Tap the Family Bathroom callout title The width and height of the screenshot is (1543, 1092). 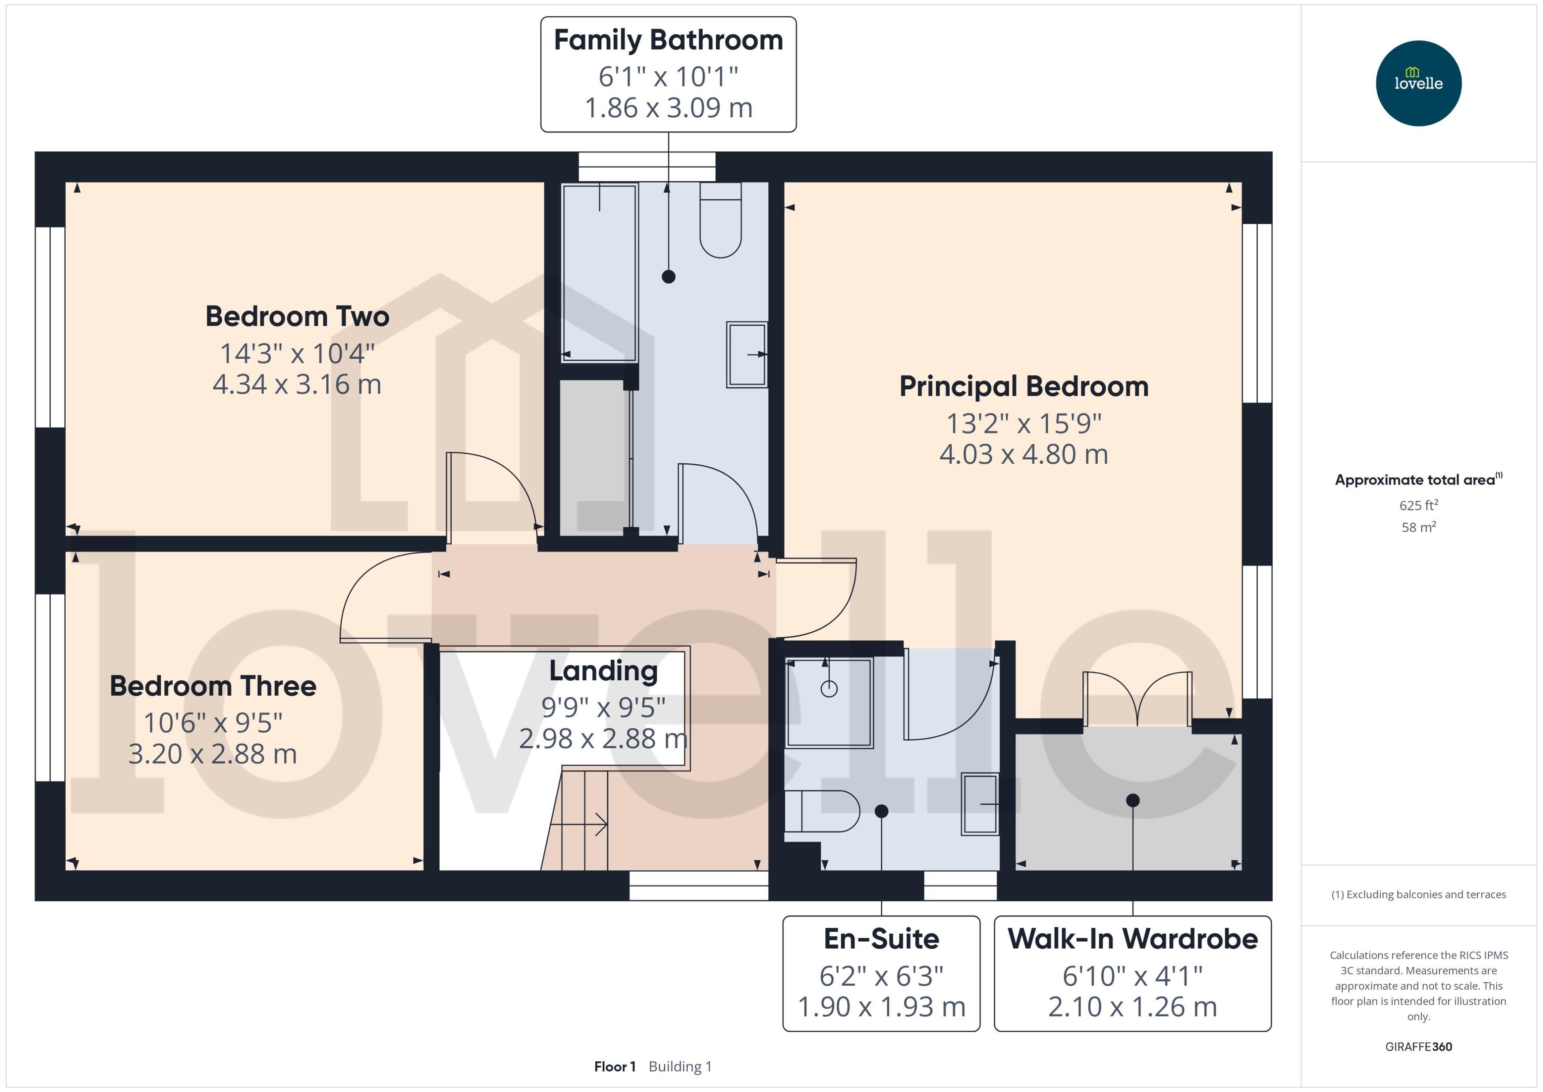click(x=668, y=41)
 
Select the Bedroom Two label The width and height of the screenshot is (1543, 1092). click(x=297, y=317)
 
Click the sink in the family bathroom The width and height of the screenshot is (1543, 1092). click(x=747, y=354)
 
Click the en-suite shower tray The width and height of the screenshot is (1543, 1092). click(x=829, y=703)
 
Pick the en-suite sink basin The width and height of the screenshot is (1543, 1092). click(x=980, y=804)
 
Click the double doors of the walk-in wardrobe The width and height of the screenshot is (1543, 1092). click(x=1137, y=699)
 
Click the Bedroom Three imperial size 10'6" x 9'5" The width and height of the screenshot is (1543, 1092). click(x=213, y=723)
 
